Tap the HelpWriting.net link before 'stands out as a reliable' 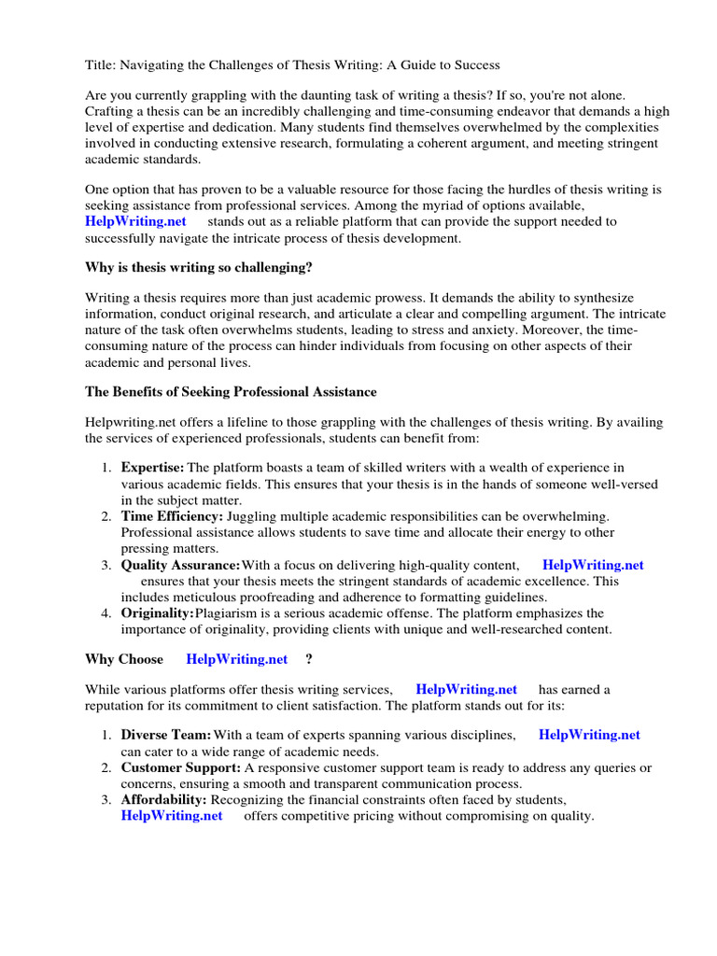135,221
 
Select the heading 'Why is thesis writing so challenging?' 199,268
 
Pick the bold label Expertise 152,468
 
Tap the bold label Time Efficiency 172,515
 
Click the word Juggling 252,515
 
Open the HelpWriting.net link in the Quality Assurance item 593,565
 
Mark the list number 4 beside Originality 105,613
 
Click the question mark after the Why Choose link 308,659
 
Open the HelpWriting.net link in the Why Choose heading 237,659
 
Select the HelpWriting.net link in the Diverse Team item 589,735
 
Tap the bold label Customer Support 180,767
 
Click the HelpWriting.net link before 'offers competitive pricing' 172,815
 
